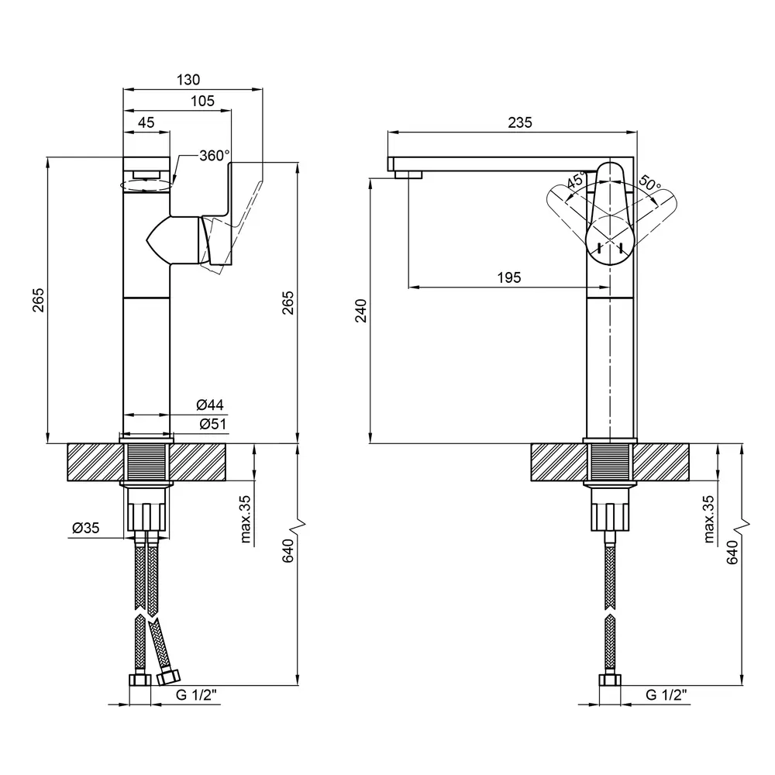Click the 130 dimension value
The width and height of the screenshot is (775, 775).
189,79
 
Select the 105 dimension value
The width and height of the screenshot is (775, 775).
202,101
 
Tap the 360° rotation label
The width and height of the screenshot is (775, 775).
214,155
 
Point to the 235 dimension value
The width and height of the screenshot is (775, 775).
519,122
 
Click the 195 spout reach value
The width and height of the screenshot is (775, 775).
508,277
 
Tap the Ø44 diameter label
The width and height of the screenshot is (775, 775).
210,405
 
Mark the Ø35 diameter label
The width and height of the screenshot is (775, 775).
85,528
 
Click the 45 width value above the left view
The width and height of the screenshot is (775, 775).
146,122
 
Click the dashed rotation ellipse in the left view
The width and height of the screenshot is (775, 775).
146,184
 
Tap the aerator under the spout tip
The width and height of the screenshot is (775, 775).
408,174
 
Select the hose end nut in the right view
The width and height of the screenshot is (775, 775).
610,680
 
